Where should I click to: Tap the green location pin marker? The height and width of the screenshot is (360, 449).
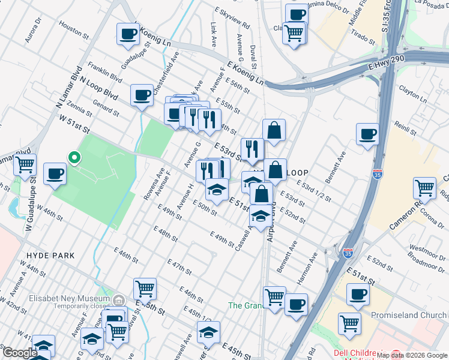pyautogui.click(x=74, y=158)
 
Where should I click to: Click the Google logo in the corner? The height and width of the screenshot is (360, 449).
pyautogui.click(x=19, y=353)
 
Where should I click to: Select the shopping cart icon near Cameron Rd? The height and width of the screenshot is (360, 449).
pyautogui.click(x=424, y=188)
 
